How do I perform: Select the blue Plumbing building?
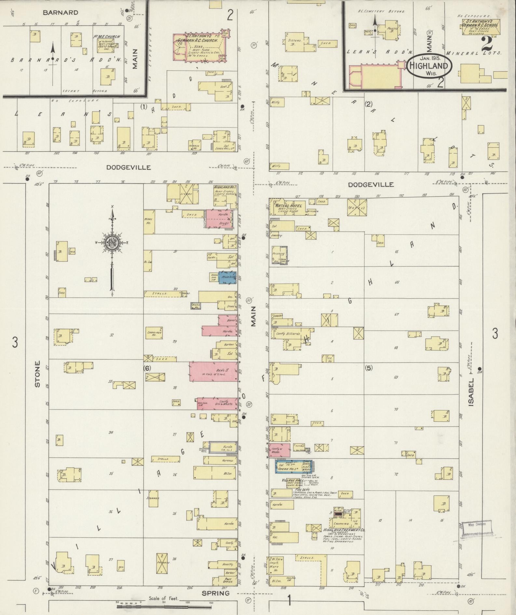coord(227,278)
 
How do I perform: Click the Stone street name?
coord(37,374)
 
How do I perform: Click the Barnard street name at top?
coord(61,12)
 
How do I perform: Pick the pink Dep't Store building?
coord(213,371)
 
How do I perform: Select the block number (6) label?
coord(147,368)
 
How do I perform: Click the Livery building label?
coord(187,194)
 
